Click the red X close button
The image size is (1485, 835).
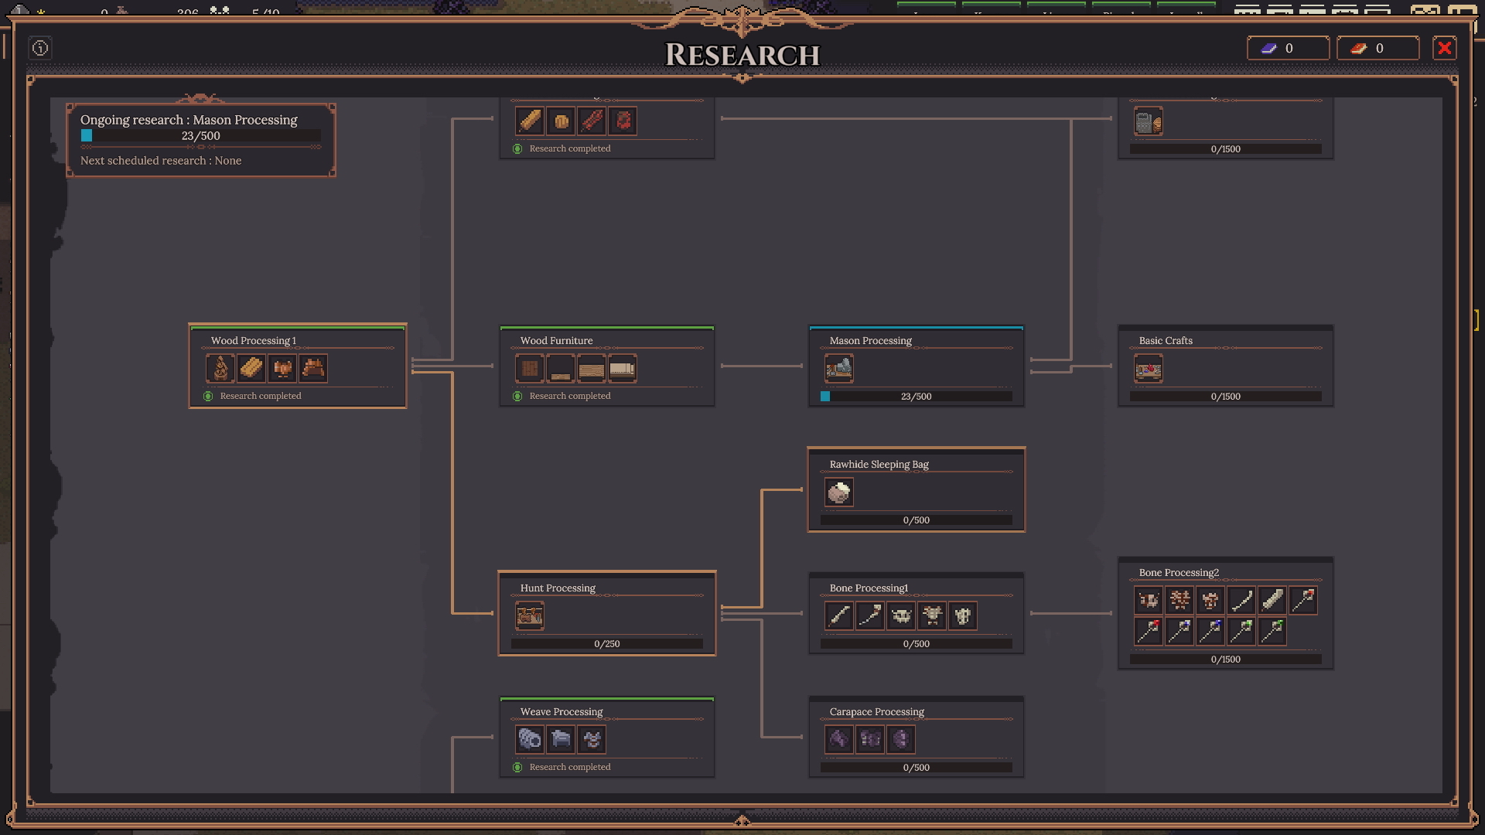(x=1444, y=48)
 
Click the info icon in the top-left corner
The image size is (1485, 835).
(x=40, y=48)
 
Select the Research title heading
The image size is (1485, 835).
(x=742, y=55)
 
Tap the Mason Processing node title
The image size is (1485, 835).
(x=870, y=341)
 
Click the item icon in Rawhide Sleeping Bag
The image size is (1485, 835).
(x=839, y=492)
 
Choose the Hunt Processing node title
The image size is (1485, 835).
(x=558, y=588)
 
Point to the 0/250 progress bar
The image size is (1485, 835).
(x=607, y=644)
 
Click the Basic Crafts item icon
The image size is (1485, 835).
(x=1149, y=369)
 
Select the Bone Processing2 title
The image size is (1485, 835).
(x=1179, y=573)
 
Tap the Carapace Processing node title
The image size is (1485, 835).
(x=876, y=712)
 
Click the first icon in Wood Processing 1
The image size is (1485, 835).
(x=220, y=369)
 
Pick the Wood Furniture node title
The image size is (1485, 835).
(x=556, y=341)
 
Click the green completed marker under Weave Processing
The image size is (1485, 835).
(x=517, y=767)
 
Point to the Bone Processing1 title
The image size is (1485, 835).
(x=869, y=588)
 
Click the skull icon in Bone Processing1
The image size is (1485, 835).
(x=901, y=616)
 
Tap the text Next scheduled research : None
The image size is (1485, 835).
(x=161, y=161)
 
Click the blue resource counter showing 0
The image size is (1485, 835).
(x=1288, y=48)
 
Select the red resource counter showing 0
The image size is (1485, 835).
(x=1377, y=48)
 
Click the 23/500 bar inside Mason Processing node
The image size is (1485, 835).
(x=917, y=397)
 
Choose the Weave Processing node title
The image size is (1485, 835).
(x=562, y=712)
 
